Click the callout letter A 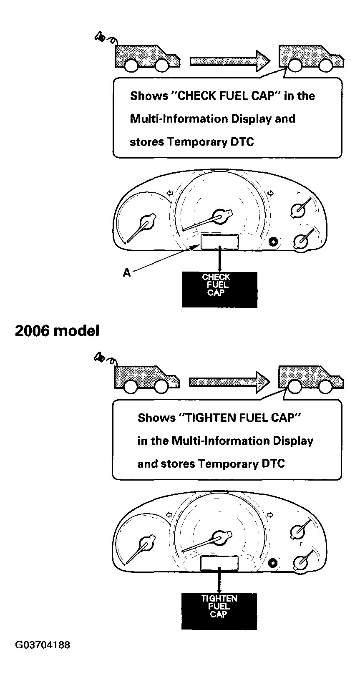click(x=126, y=272)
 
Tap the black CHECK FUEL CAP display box click(x=219, y=290)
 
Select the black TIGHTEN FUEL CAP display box click(x=219, y=611)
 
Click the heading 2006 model click(x=57, y=330)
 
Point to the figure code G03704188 click(x=43, y=645)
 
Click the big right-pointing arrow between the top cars click(x=230, y=61)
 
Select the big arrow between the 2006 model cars click(x=229, y=382)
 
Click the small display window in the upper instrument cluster click(x=219, y=242)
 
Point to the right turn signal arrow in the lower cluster click(x=270, y=514)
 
